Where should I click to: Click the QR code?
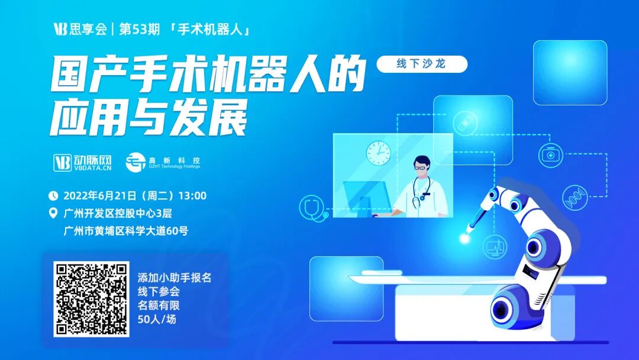pos(91,299)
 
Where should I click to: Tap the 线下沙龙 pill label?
pos(422,64)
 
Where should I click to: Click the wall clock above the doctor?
pos(377,152)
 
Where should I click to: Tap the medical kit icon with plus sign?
pos(553,155)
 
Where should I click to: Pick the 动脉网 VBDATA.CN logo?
pos(83,162)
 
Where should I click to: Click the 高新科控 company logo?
pos(163,162)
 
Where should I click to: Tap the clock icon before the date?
pos(53,195)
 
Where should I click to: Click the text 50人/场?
pos(157,320)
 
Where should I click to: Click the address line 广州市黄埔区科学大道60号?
pos(125,231)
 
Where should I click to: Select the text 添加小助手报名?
pos(175,277)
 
